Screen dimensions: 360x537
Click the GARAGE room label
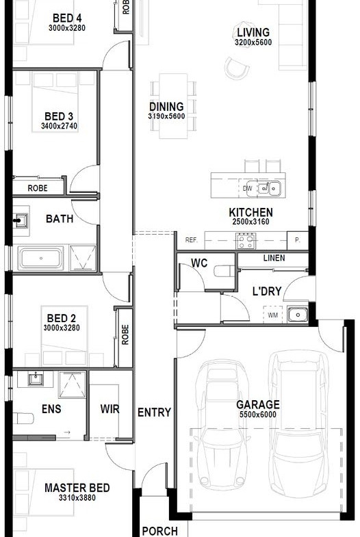[257, 405]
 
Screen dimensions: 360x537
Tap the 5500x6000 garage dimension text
[257, 415]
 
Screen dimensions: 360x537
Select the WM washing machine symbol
[272, 315]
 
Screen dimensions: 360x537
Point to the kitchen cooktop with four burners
[246, 240]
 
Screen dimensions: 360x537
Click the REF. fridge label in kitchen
[192, 240]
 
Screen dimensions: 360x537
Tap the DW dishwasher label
[247, 188]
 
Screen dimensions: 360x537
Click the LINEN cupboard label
[274, 258]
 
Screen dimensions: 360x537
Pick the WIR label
[110, 409]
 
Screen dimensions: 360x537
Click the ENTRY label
[154, 412]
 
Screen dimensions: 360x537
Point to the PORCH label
[160, 531]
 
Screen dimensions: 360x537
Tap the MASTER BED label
[77, 488]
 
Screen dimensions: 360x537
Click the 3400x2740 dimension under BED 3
[60, 126]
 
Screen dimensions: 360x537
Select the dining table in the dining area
[173, 106]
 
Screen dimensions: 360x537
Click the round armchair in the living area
[237, 68]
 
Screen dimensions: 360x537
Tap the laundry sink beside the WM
[298, 315]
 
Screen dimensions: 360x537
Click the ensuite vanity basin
[36, 379]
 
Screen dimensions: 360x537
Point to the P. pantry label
[297, 240]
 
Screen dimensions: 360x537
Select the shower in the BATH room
[83, 258]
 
